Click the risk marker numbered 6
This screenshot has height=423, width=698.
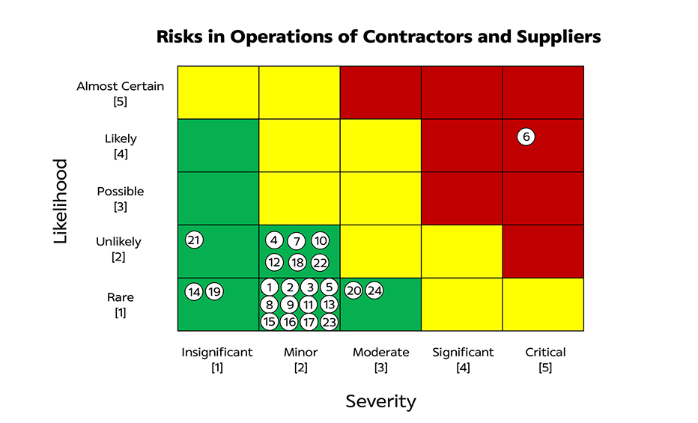click(x=526, y=137)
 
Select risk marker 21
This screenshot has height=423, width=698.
click(x=194, y=240)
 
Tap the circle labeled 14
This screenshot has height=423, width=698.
click(x=194, y=292)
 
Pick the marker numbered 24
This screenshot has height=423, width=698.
click(x=374, y=291)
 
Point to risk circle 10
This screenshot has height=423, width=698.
click(x=320, y=240)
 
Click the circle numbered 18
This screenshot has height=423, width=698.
click(x=297, y=262)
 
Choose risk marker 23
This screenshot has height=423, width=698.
click(x=329, y=322)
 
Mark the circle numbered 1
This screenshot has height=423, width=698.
click(x=270, y=287)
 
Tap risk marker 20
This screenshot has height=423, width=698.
click(x=354, y=291)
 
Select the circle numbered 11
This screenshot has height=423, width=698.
click(x=309, y=305)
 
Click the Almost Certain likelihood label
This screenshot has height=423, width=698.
click(x=120, y=86)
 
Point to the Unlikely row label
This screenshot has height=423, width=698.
click(x=118, y=242)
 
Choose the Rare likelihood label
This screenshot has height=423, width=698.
click(x=120, y=298)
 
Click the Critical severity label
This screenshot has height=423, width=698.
click(x=545, y=352)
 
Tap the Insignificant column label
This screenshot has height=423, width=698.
click(x=217, y=352)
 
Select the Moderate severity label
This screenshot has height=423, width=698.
click(x=381, y=352)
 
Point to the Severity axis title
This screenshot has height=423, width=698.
click(x=380, y=401)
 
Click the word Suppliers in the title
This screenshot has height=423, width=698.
click(x=553, y=37)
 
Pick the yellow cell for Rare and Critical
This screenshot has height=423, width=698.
click(x=543, y=304)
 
